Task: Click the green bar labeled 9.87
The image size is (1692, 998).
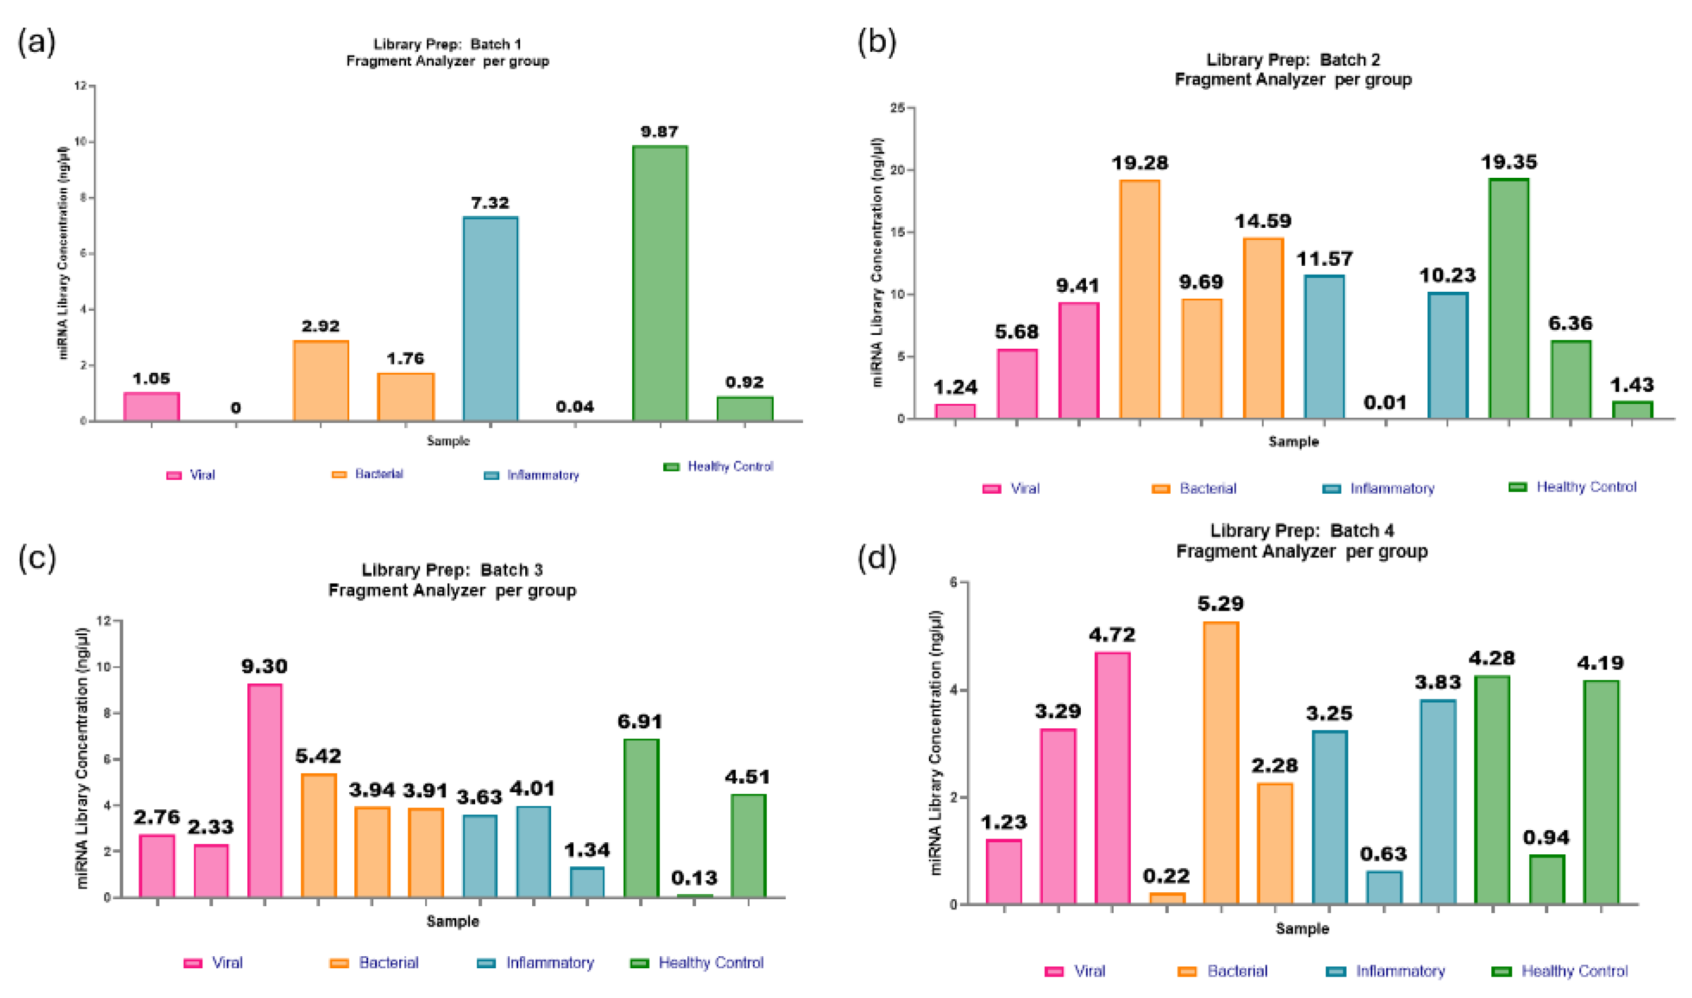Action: [x=659, y=282]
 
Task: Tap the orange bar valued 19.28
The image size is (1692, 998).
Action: [x=1140, y=299]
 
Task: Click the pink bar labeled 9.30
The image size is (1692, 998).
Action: [x=264, y=790]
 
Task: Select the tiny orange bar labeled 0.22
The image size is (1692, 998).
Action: [x=1166, y=898]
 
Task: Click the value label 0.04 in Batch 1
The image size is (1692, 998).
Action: [x=575, y=407]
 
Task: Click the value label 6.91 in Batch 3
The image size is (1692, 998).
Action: [x=640, y=721]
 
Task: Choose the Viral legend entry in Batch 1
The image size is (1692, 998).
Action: [x=191, y=475]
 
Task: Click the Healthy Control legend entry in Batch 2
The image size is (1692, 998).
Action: [x=1573, y=487]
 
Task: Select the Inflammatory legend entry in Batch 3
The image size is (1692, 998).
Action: [x=536, y=963]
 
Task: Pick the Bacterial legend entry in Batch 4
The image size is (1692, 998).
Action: [x=1224, y=971]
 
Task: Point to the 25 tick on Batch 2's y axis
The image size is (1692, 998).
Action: [x=898, y=108]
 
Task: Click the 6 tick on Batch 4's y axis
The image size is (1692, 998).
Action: [x=953, y=582]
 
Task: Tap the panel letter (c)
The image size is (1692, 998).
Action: [x=36, y=558]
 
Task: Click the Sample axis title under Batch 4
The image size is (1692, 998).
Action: [x=1302, y=929]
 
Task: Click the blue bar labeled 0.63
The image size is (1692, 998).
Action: [x=1383, y=887]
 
